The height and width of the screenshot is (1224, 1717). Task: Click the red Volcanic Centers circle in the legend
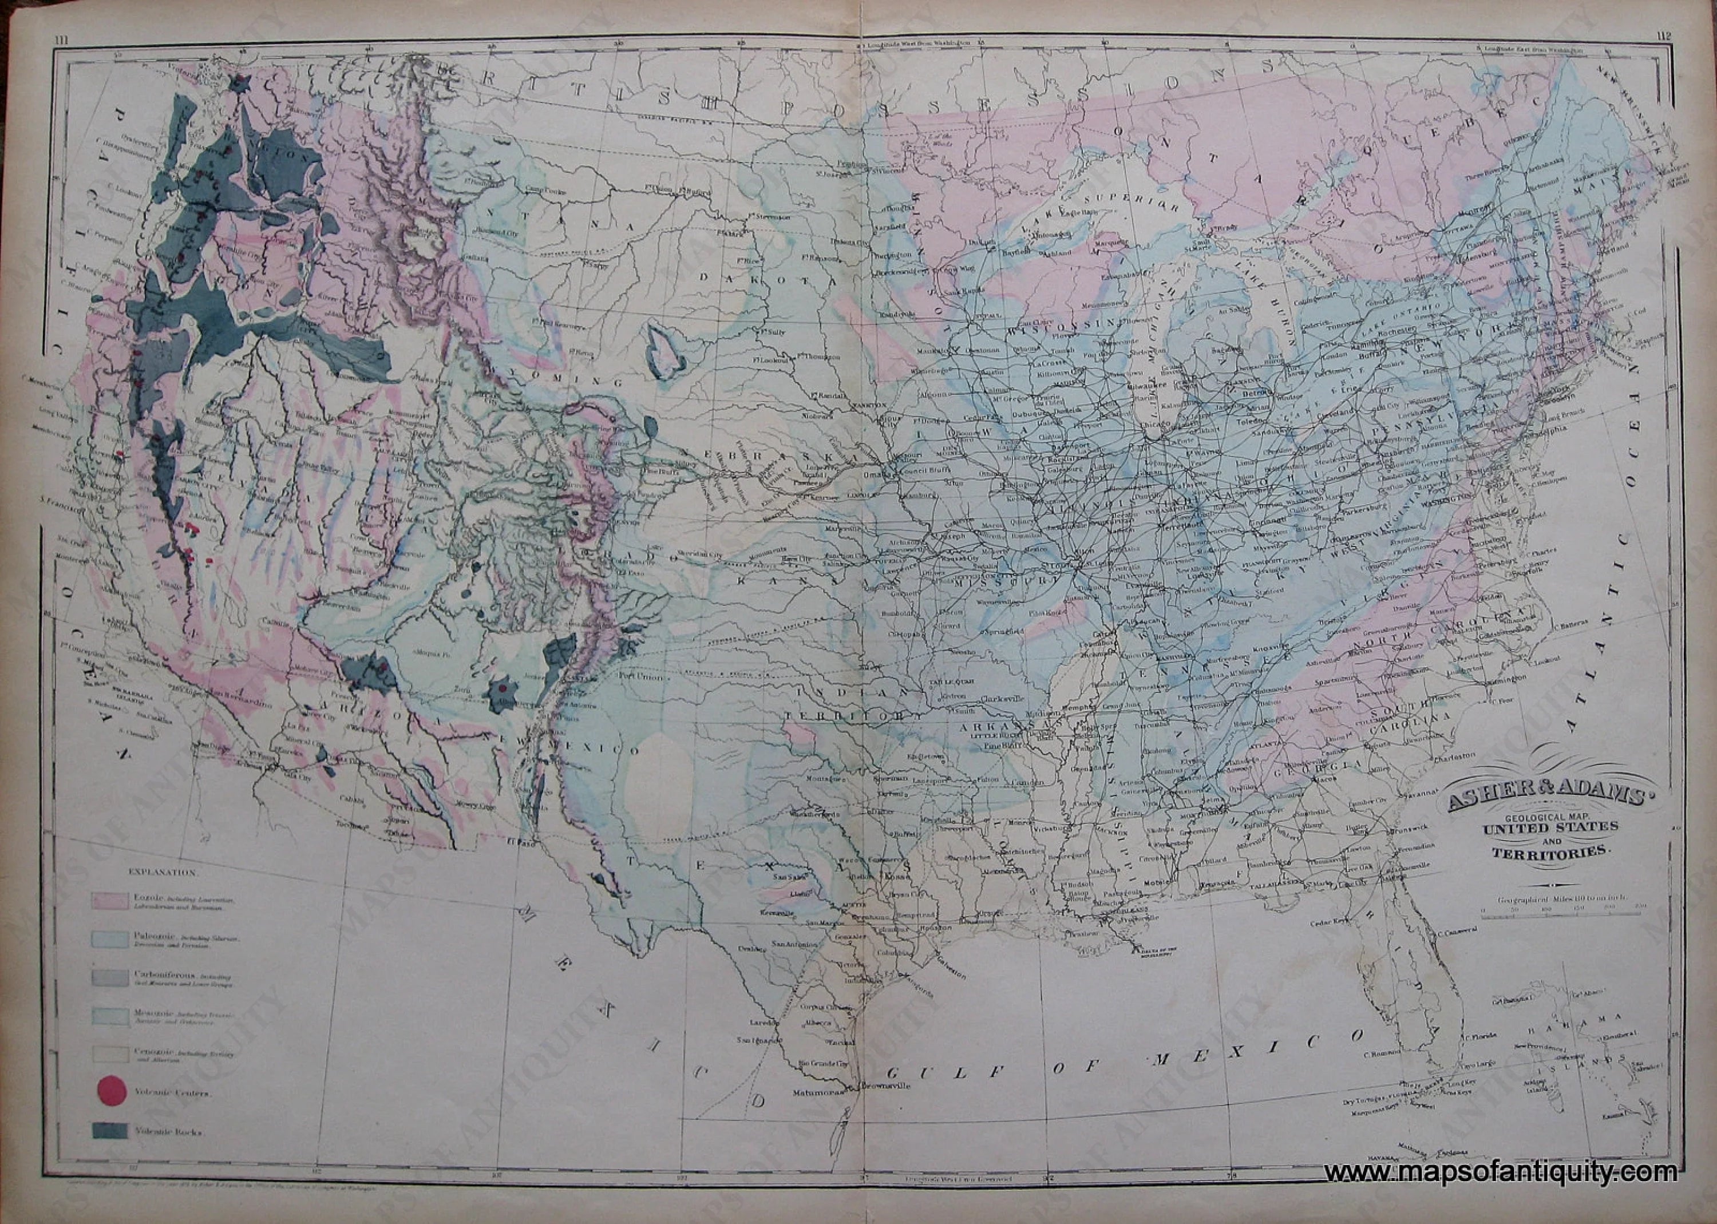(x=111, y=1088)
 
